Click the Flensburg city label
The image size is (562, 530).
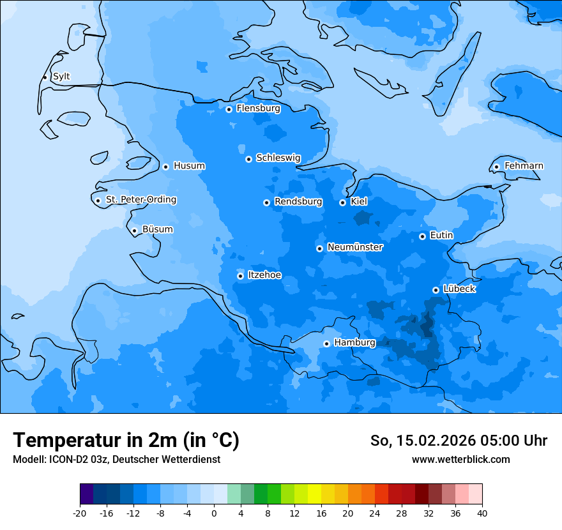tap(258, 109)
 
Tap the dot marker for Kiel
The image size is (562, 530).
tap(342, 202)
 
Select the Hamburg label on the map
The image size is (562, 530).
tap(354, 343)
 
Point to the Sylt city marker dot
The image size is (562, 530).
tap(45, 77)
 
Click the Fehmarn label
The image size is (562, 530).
tap(524, 166)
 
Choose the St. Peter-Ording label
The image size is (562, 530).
tap(140, 200)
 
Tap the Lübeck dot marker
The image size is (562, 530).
tap(436, 290)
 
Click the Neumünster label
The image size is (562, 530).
tap(355, 247)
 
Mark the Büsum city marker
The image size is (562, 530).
tap(134, 231)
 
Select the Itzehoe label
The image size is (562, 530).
tap(264, 275)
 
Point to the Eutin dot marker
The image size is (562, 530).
tap(422, 236)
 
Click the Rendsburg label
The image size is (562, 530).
tap(298, 202)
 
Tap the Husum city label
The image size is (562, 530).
tap(189, 166)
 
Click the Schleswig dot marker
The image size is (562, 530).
tap(248, 159)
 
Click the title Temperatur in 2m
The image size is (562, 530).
tap(126, 440)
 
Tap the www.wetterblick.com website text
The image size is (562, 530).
tap(460, 459)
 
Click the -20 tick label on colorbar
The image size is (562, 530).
tap(80, 513)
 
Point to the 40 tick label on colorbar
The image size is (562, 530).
tap(482, 513)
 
